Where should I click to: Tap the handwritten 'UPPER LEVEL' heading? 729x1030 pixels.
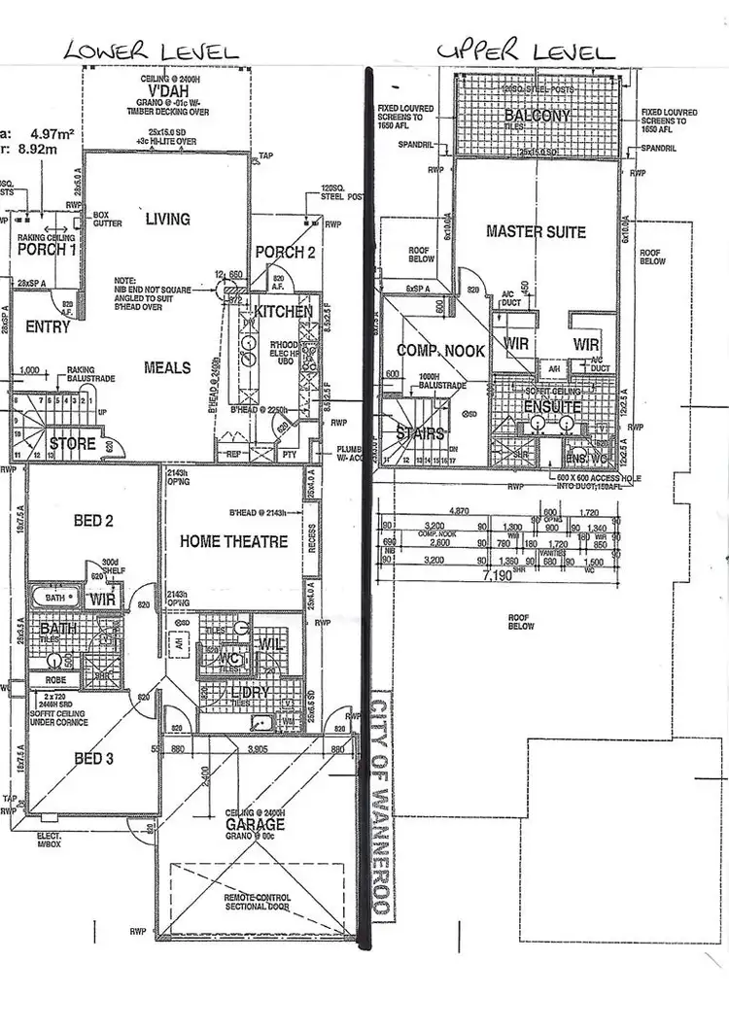click(x=525, y=51)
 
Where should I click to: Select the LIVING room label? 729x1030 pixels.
click(x=167, y=219)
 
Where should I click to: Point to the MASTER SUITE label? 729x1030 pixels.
click(x=536, y=231)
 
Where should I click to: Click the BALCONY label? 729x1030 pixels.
click(x=537, y=116)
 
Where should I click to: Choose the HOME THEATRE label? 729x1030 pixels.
click(x=233, y=541)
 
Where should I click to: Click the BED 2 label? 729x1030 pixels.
click(x=94, y=521)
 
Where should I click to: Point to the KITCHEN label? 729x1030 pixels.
click(x=283, y=312)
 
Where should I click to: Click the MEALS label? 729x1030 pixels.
click(x=167, y=367)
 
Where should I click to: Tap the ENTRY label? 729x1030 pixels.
click(x=48, y=326)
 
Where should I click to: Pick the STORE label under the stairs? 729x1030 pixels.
click(x=73, y=444)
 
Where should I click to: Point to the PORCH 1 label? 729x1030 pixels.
click(x=47, y=250)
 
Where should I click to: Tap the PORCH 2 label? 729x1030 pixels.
click(x=286, y=253)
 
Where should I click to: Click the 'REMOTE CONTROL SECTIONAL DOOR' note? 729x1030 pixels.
click(x=258, y=902)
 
